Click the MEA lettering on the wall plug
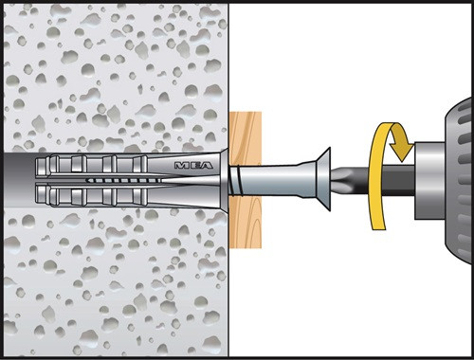[x=193, y=165]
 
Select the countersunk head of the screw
[x=323, y=179]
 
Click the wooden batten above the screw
[x=246, y=138]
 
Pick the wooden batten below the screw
[x=246, y=221]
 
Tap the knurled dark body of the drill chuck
[x=459, y=180]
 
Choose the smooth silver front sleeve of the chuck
[x=429, y=180]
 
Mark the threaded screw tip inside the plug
[x=123, y=181]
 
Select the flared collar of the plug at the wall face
[x=225, y=180]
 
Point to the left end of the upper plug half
[x=39, y=166]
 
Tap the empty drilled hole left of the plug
[x=20, y=180]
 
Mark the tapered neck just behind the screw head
[x=307, y=179]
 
